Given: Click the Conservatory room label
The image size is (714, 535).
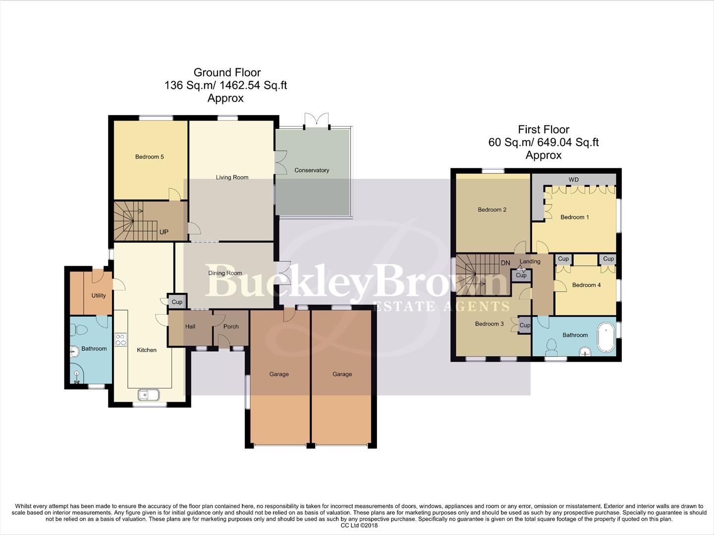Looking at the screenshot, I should pyautogui.click(x=312, y=170).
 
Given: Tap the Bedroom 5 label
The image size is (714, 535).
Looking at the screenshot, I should pyautogui.click(x=149, y=157).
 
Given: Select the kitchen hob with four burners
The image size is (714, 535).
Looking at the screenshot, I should pyautogui.click(x=120, y=340).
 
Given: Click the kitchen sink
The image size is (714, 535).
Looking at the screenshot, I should pyautogui.click(x=148, y=395).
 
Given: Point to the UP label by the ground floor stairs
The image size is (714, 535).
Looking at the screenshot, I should pyautogui.click(x=164, y=232).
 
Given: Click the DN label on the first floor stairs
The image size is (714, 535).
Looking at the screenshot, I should pyautogui.click(x=505, y=263).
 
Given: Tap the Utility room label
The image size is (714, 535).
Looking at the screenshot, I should pyautogui.click(x=99, y=295).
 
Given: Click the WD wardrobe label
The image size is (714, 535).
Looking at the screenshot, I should pyautogui.click(x=573, y=179).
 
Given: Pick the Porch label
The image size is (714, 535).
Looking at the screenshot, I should pyautogui.click(x=231, y=326).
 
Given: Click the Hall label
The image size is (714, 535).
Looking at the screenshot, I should pyautogui.click(x=190, y=326).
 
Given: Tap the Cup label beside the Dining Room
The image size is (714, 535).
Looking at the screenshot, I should pyautogui.click(x=177, y=302).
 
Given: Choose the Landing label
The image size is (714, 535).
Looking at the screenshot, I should pyautogui.click(x=530, y=261).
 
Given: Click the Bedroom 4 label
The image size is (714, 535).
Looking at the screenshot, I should pyautogui.click(x=586, y=285).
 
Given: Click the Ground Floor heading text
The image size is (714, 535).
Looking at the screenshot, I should pyautogui.click(x=227, y=72).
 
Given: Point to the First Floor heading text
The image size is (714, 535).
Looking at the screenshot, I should pyautogui.click(x=544, y=129).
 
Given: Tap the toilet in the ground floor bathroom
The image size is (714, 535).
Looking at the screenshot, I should pyautogui.click(x=80, y=329).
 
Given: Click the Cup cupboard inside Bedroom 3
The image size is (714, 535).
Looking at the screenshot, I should pyautogui.click(x=525, y=325).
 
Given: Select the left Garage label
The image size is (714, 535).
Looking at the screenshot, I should pyautogui.click(x=279, y=374).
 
